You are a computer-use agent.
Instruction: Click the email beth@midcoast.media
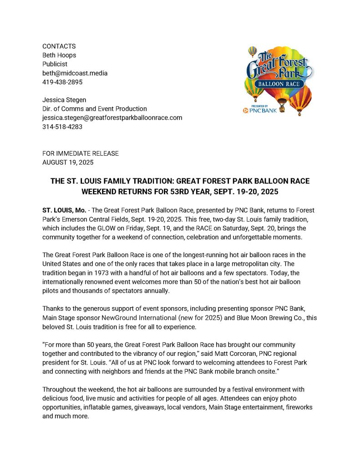[x=75, y=73]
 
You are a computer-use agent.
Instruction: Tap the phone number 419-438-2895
[x=62, y=82]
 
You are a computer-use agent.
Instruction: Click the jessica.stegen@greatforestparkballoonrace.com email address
[x=112, y=117]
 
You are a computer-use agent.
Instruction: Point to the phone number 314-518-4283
[x=62, y=127]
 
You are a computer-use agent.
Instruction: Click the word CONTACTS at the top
[x=59, y=46]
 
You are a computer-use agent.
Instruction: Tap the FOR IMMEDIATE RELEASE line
[x=80, y=153]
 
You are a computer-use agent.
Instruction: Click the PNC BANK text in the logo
[x=264, y=110]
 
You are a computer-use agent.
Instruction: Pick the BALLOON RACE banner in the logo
[x=278, y=84]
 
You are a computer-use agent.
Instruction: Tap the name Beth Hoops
[x=59, y=55]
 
